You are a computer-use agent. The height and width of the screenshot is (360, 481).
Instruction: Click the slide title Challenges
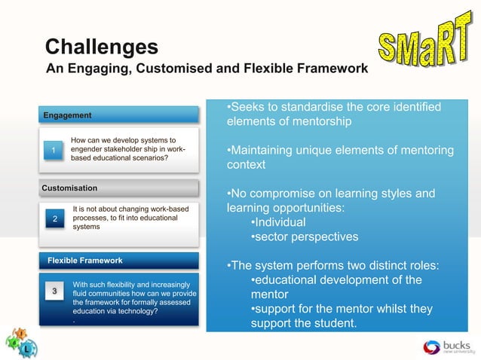(x=101, y=47)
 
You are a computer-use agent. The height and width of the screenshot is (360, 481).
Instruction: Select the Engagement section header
(x=68, y=115)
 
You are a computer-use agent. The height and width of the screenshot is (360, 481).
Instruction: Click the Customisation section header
(x=70, y=188)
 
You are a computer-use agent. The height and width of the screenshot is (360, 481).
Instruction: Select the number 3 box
(x=54, y=291)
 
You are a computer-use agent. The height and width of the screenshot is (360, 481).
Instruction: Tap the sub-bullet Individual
(x=278, y=223)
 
